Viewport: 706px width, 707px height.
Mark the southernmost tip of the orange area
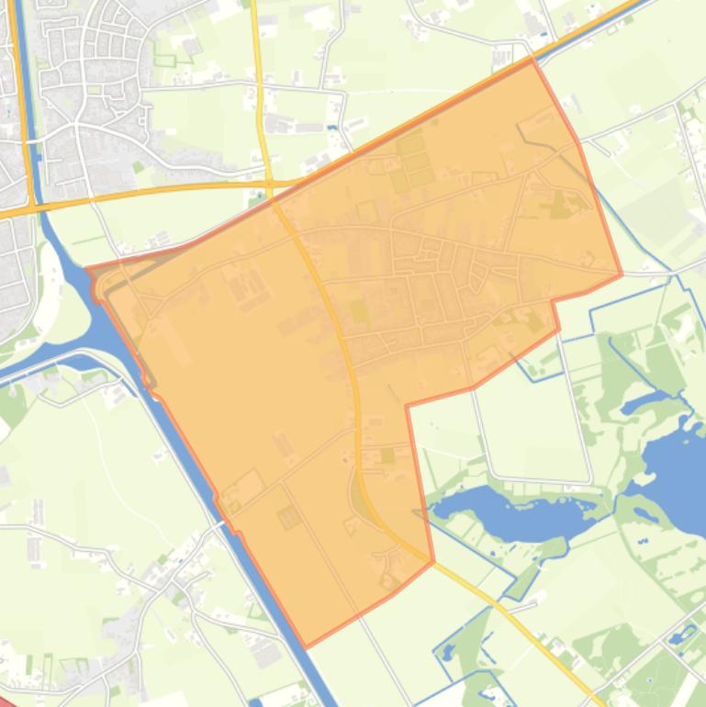(306, 647)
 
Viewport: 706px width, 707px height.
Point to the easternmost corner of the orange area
(622, 274)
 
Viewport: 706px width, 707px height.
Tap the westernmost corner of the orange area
(87, 269)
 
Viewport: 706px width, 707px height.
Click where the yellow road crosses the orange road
(271, 185)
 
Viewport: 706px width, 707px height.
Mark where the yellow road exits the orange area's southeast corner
(432, 562)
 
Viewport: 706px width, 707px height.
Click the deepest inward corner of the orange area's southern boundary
(407, 405)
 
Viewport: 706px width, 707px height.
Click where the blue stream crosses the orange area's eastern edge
(593, 185)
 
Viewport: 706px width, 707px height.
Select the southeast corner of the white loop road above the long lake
(588, 479)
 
